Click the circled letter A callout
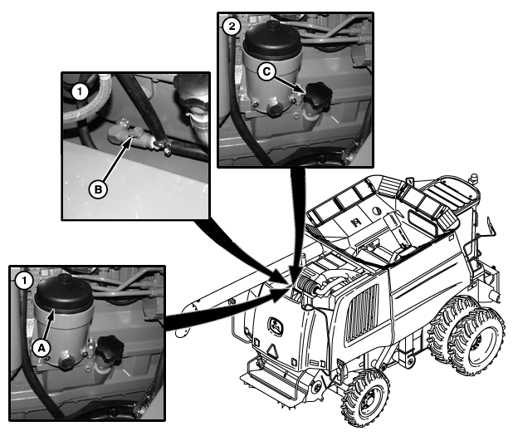point(42,348)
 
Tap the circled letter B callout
point(98,189)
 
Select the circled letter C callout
point(266,71)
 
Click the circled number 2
point(232,27)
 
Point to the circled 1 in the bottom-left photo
point(23,281)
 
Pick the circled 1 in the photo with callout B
point(80,92)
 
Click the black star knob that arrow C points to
point(317,95)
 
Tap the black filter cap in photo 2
point(271,41)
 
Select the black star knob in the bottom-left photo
point(110,349)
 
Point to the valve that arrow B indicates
point(131,134)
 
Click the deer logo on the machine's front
point(276,326)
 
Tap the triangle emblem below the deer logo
point(272,351)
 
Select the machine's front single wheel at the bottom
point(364,398)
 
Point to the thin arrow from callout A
point(48,326)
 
